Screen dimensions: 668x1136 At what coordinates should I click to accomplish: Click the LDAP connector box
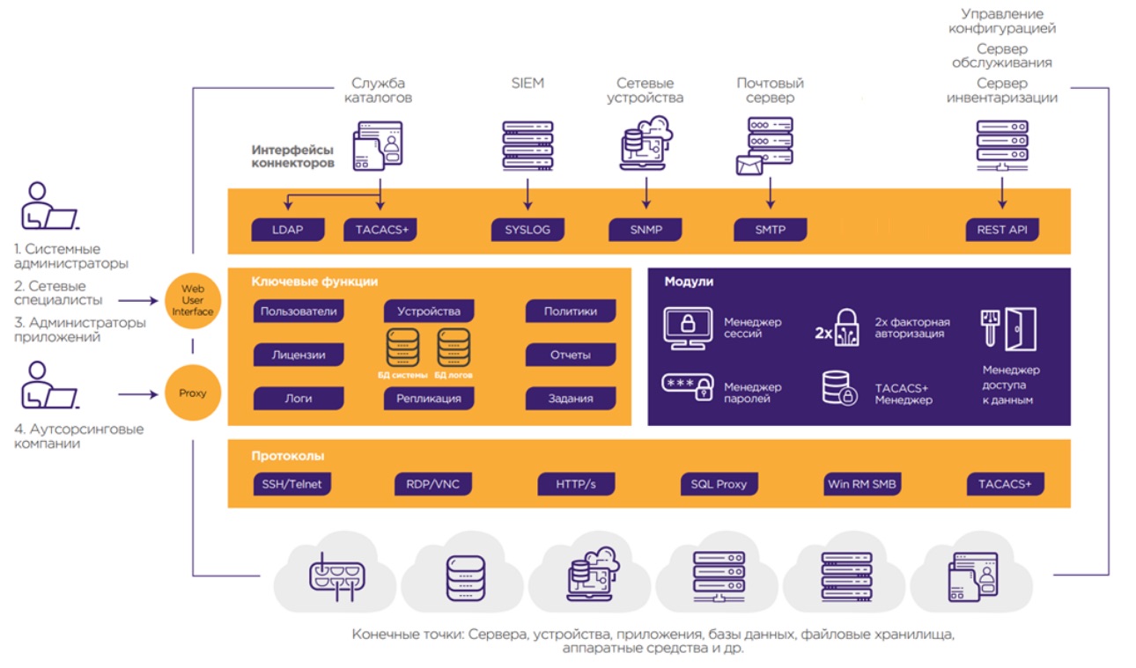pyautogui.click(x=288, y=230)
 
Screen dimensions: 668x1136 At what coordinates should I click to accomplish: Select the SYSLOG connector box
pyautogui.click(x=527, y=230)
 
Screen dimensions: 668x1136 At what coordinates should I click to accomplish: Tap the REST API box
pyautogui.click(x=1002, y=231)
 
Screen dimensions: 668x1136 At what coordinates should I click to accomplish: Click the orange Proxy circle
pyautogui.click(x=192, y=393)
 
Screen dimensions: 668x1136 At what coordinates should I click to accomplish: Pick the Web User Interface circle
pyautogui.click(x=192, y=300)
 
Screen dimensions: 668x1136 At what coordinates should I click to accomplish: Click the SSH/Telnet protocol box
pyautogui.click(x=292, y=484)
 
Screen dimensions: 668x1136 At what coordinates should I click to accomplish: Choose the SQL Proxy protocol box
pyautogui.click(x=719, y=484)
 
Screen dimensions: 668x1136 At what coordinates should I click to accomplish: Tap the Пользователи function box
pyautogui.click(x=299, y=312)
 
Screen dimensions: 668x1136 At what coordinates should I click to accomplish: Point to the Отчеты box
pyautogui.click(x=571, y=356)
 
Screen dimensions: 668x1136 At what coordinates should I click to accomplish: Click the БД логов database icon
pyautogui.click(x=454, y=349)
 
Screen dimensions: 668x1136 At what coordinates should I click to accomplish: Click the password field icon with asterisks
pyautogui.click(x=687, y=388)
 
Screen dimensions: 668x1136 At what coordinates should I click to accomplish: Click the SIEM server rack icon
pyautogui.click(x=527, y=145)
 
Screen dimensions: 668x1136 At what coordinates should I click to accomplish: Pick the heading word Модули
pyautogui.click(x=689, y=282)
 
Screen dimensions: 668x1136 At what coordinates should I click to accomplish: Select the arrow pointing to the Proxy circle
pyautogui.click(x=140, y=393)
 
